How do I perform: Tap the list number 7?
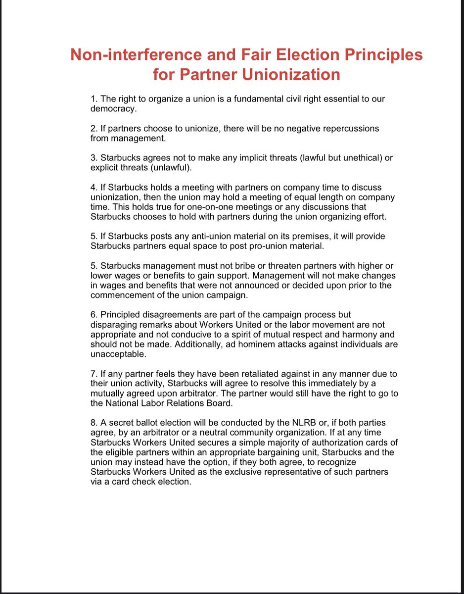[x=93, y=374]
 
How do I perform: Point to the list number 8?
[x=93, y=423]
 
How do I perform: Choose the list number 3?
[x=93, y=158]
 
